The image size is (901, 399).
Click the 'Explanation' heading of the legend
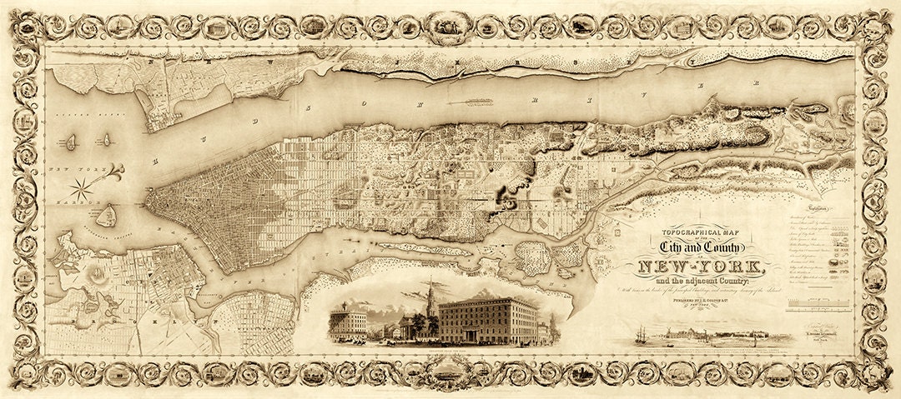(x=823, y=212)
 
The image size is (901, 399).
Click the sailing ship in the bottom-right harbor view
(x=642, y=334)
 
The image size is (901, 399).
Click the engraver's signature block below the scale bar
(x=822, y=341)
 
